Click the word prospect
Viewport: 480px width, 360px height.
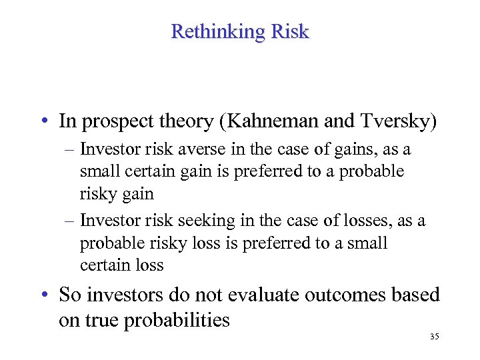coord(113,121)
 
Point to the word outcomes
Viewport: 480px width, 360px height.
coord(332,294)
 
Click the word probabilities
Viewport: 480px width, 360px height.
coord(176,320)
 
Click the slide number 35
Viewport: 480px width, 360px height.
coord(434,337)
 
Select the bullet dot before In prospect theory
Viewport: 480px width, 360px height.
coord(43,122)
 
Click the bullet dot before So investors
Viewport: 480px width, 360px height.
coord(43,295)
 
